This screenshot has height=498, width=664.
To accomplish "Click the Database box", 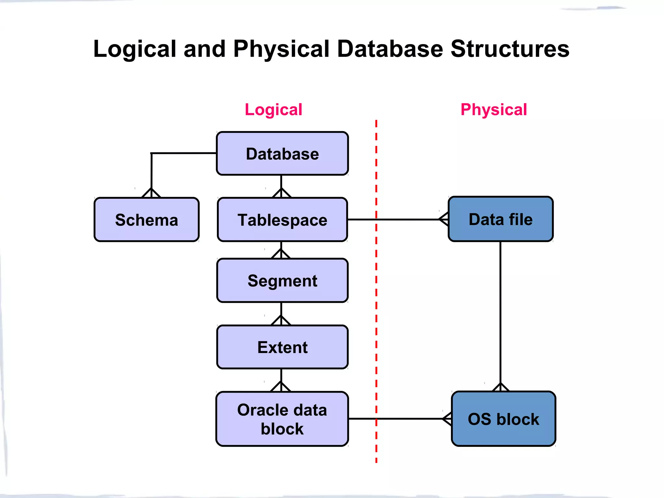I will click(282, 154).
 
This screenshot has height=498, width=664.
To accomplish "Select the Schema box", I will click(147, 220).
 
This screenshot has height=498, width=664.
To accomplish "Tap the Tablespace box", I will click(282, 220).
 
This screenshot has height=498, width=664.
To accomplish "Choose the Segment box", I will click(282, 281).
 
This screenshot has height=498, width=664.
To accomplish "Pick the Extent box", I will click(282, 347).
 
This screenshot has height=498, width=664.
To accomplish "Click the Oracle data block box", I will click(282, 419).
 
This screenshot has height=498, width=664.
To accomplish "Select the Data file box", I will click(501, 219).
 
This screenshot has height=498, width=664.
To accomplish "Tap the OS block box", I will click(503, 419).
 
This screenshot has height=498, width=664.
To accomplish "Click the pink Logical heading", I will click(273, 110).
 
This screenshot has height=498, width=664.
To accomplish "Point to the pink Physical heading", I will click(493, 110).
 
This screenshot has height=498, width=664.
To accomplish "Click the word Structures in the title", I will click(510, 49).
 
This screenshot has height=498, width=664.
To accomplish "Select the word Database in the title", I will click(390, 49).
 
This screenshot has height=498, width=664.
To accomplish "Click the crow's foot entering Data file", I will click(444, 219).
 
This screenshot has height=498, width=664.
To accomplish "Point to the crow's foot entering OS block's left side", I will click(447, 419).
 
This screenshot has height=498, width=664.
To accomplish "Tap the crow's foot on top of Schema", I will click(151, 193).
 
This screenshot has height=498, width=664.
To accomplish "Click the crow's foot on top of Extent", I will click(281, 320).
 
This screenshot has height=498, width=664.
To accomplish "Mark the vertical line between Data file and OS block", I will click(500, 311).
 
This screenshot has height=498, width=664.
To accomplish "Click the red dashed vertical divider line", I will click(376, 292).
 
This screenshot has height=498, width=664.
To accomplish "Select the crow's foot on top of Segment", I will click(281, 254).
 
